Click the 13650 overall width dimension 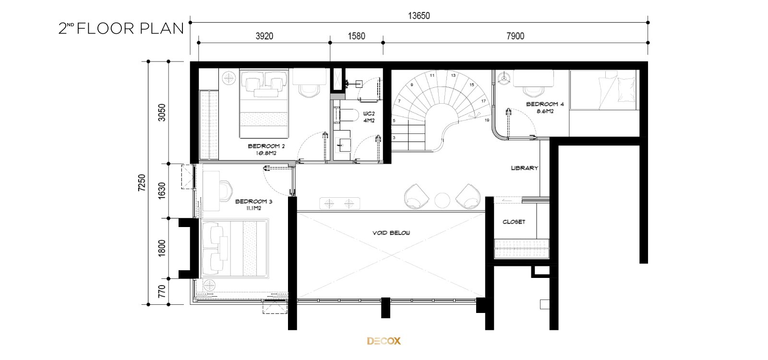[x=419, y=16]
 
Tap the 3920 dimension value [x=264, y=36]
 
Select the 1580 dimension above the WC [x=357, y=36]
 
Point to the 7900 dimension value [x=516, y=36]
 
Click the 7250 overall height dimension [x=142, y=183]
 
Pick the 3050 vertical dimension [x=162, y=112]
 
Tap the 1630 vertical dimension [x=162, y=191]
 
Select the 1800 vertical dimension [x=162, y=248]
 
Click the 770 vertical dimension [x=162, y=291]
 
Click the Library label [x=525, y=168]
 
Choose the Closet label [x=514, y=222]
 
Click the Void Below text [x=391, y=233]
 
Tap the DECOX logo [x=384, y=341]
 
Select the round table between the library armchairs [x=442, y=200]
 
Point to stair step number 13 [x=453, y=75]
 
